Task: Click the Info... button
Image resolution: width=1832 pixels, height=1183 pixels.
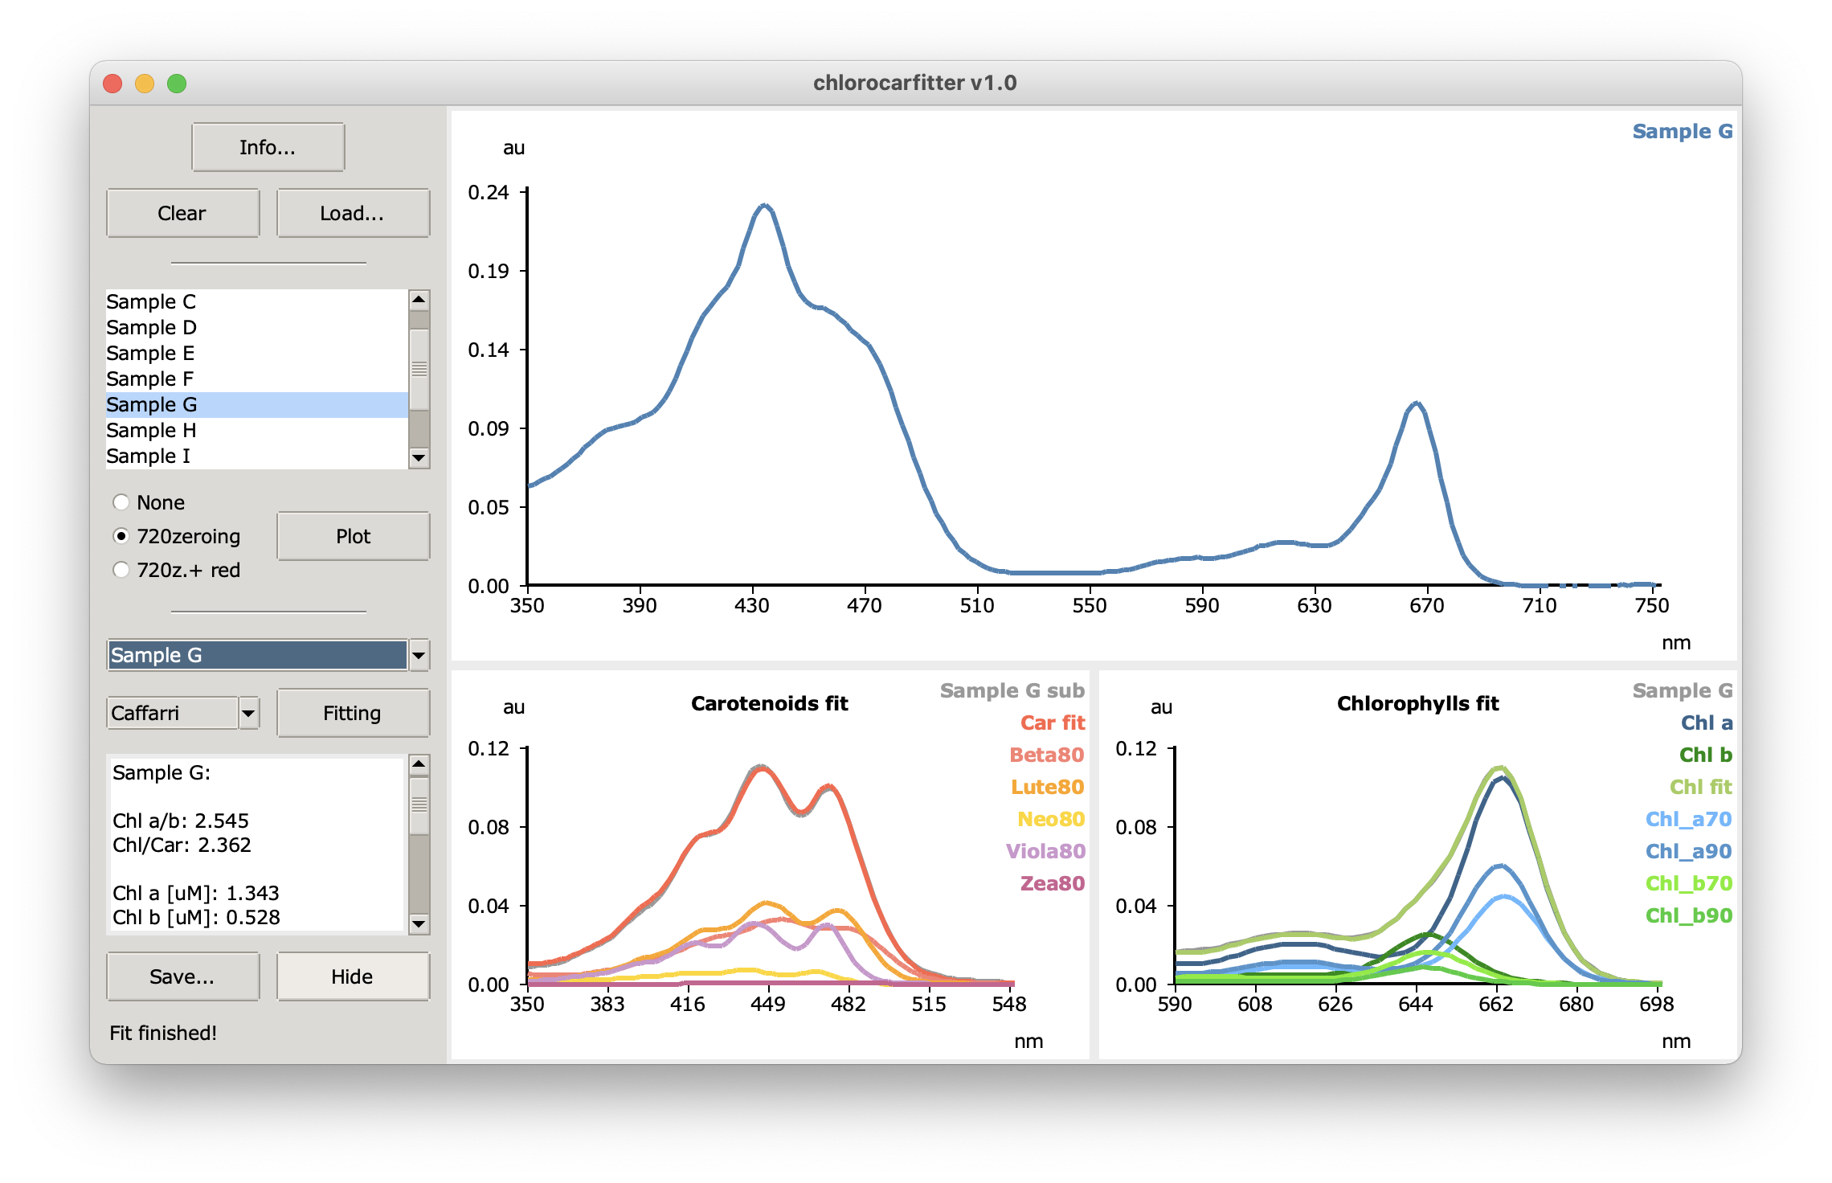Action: (268, 147)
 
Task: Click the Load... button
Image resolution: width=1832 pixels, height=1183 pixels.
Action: (352, 213)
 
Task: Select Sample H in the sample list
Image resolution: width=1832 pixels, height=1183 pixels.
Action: (152, 430)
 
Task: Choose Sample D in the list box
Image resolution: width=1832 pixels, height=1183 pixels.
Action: (152, 327)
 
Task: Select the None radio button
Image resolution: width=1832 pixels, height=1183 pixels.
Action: (121, 502)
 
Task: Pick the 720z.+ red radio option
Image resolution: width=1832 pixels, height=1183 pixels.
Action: (121, 570)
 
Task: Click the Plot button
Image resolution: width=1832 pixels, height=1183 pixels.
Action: (353, 536)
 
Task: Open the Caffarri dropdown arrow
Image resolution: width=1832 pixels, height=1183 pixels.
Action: (249, 713)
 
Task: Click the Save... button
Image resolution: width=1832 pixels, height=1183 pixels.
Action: (182, 976)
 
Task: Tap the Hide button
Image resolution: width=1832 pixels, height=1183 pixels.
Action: (352, 976)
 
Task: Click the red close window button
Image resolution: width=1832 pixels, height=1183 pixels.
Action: (112, 84)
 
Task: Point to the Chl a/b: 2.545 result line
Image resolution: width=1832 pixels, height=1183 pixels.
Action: (181, 821)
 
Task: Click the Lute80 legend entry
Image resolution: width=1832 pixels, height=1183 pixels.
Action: (1047, 787)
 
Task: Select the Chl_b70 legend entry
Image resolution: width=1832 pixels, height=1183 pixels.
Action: (1688, 883)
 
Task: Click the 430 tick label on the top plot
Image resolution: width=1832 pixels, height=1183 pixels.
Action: (752, 605)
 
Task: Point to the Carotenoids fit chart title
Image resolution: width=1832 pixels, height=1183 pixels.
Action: (769, 703)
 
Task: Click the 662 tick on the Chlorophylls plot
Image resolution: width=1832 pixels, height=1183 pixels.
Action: (1496, 1004)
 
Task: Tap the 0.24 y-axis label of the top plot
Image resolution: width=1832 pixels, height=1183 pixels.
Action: (489, 192)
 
